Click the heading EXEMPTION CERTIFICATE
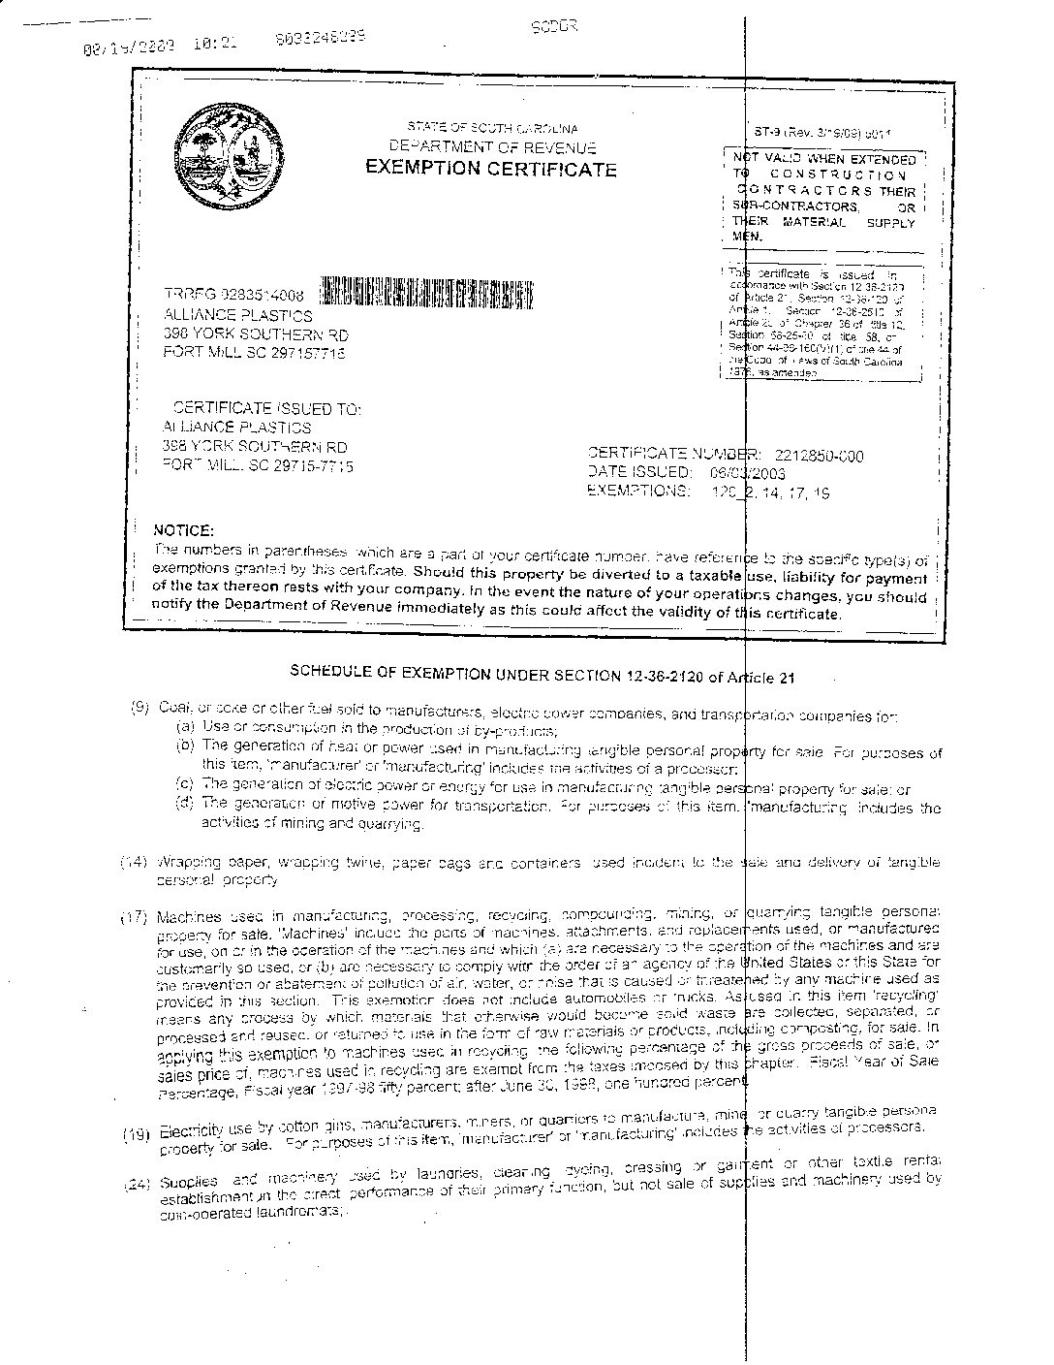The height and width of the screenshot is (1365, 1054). [490, 170]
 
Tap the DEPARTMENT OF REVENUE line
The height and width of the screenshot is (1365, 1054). [492, 147]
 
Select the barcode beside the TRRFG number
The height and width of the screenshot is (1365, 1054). [425, 294]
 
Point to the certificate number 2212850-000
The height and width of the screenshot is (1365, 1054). [819, 456]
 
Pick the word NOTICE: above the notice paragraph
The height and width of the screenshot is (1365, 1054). [183, 531]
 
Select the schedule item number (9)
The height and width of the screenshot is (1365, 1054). [139, 709]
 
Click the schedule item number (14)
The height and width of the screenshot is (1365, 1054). [133, 862]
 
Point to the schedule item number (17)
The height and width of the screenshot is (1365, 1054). [134, 916]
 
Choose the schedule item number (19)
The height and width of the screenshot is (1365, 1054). [137, 1132]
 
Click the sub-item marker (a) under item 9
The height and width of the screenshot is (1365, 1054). [184, 727]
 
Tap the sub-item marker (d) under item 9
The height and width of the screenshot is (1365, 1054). [184, 805]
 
